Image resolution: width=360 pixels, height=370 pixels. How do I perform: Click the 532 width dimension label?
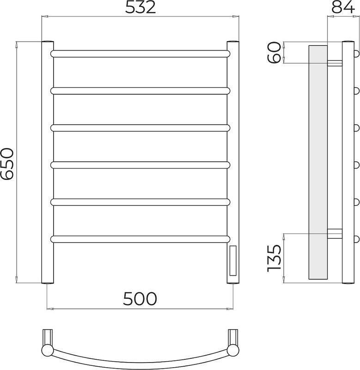(140, 7)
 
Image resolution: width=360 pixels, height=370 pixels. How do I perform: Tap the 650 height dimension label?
(7, 164)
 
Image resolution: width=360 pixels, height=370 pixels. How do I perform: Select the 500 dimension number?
(140, 299)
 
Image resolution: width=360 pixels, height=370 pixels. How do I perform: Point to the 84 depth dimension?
(343, 7)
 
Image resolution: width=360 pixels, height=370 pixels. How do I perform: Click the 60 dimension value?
(275, 52)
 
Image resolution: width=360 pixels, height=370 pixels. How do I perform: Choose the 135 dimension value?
(275, 258)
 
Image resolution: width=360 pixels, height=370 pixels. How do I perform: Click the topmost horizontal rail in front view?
(140, 54)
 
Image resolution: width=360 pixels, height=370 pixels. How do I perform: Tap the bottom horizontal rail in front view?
(140, 239)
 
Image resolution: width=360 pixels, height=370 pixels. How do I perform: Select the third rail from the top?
(140, 128)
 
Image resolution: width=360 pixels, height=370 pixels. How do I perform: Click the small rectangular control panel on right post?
(233, 260)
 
